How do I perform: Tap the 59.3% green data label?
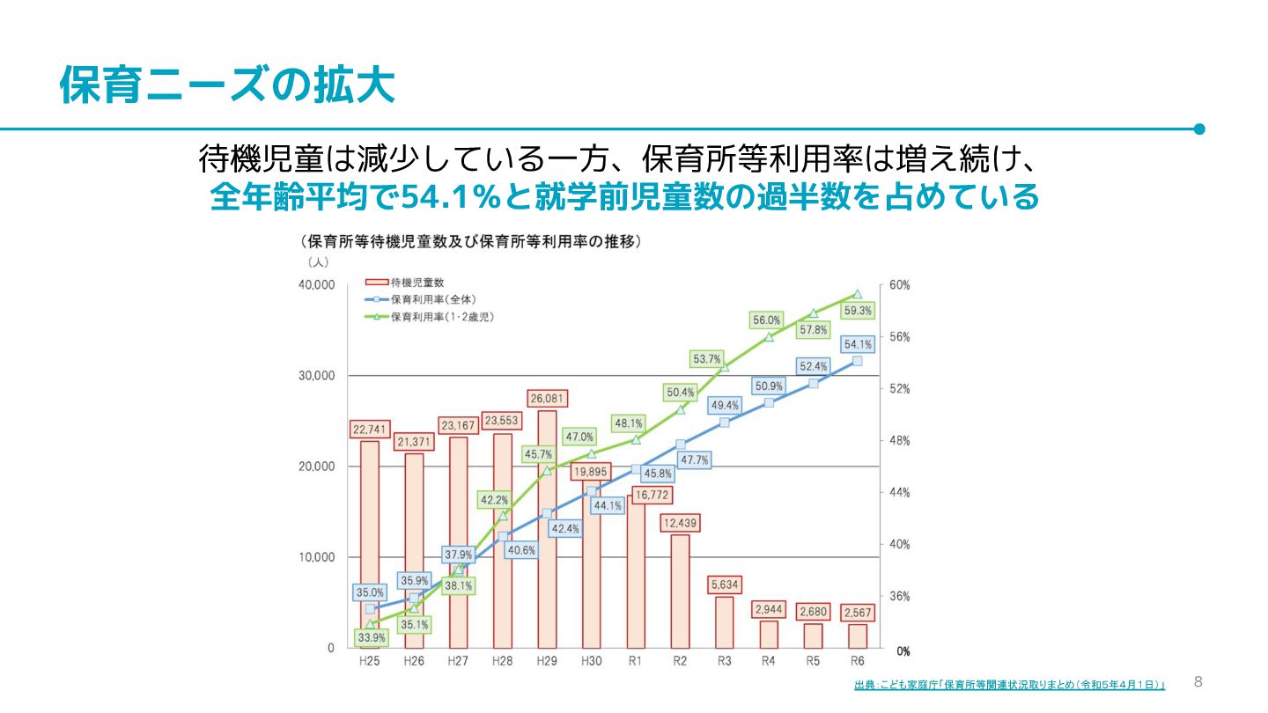(x=858, y=311)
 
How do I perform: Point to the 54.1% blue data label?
(x=858, y=344)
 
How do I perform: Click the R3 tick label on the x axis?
(x=724, y=660)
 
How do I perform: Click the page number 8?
(x=1198, y=681)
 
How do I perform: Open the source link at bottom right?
(x=1009, y=685)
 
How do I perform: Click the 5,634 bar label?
(x=724, y=583)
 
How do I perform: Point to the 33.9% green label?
(x=370, y=636)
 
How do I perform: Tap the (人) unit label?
(x=317, y=262)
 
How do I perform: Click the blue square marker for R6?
(x=858, y=361)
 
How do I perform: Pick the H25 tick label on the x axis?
(x=370, y=660)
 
